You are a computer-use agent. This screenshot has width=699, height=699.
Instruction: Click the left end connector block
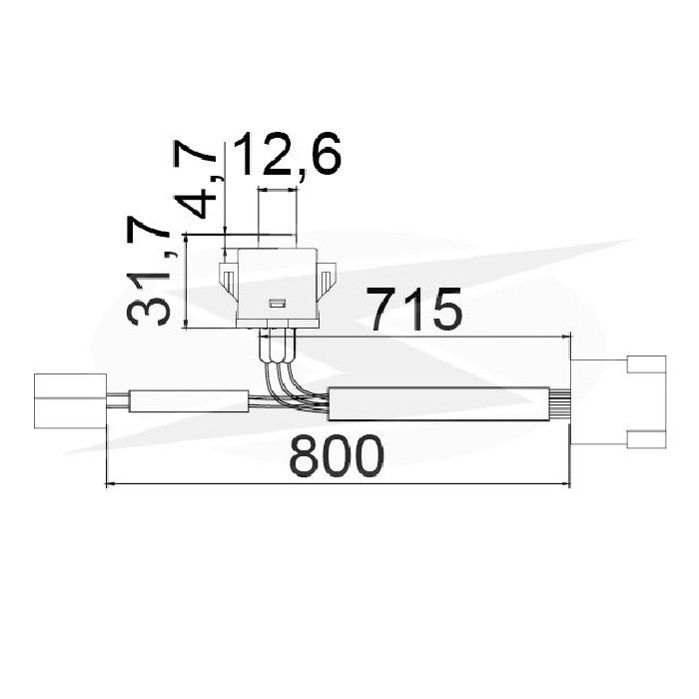pyautogui.click(x=71, y=401)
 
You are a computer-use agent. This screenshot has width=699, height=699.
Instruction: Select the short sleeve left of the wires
pyautogui.click(x=189, y=401)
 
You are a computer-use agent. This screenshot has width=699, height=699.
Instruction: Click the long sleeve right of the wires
pyautogui.click(x=438, y=403)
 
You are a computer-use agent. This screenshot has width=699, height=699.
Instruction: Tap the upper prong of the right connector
pyautogui.click(x=646, y=363)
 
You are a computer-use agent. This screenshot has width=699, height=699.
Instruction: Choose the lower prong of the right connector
pyautogui.click(x=646, y=439)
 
